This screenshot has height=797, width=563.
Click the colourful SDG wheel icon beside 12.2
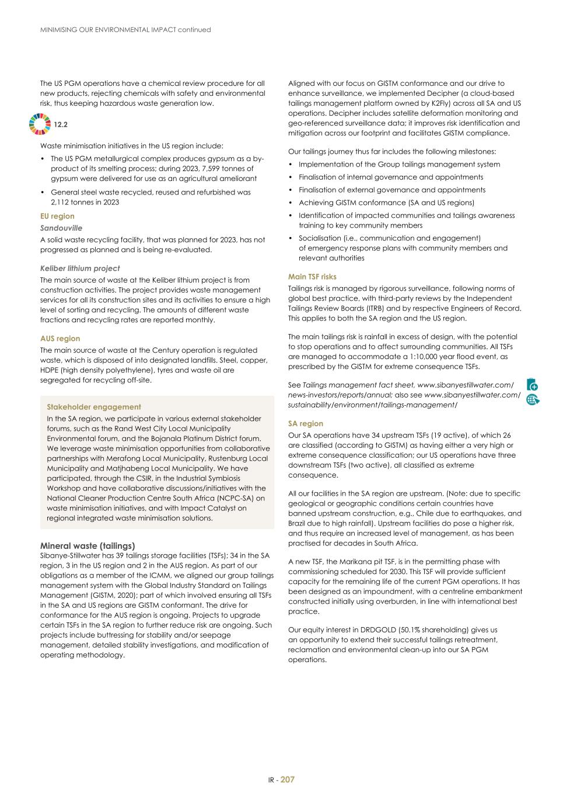click(x=40, y=124)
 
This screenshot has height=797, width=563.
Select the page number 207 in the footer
click(x=288, y=779)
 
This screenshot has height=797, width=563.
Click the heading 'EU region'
click(x=57, y=216)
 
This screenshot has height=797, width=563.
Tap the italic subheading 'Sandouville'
click(x=61, y=228)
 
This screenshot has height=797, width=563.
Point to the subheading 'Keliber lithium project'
click(x=80, y=269)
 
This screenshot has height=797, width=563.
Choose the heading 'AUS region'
click(x=60, y=339)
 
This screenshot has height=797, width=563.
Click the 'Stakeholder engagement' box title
click(x=94, y=407)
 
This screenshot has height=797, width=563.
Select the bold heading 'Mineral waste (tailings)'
click(x=88, y=546)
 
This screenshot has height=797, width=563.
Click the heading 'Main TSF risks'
click(x=312, y=277)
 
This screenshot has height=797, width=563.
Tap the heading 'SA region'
click(x=305, y=424)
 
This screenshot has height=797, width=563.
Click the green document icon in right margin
click(x=531, y=384)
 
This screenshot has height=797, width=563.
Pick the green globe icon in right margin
click(x=532, y=399)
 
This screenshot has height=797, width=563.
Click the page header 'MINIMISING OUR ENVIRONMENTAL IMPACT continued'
click(x=125, y=30)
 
